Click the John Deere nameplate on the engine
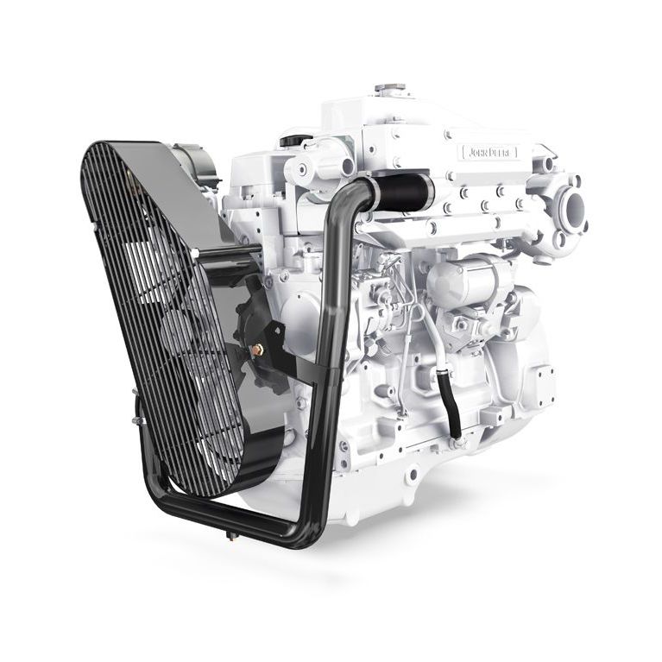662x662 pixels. click(489, 153)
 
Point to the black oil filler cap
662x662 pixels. click(294, 139)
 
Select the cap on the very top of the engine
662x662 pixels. click(389, 89)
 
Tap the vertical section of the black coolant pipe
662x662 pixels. click(330, 345)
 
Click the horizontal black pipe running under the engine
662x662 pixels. click(233, 518)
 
